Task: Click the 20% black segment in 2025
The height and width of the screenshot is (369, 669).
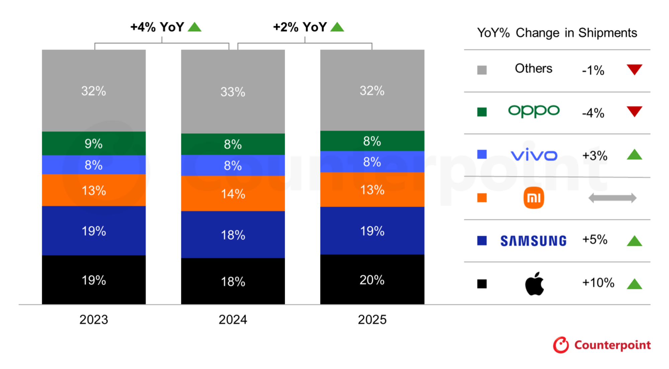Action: pos(372,280)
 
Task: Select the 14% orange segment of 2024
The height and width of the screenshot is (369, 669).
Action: pos(233,193)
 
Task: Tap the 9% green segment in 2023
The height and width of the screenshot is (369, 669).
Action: pos(94,143)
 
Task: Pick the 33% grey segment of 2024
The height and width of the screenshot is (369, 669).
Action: pos(233,91)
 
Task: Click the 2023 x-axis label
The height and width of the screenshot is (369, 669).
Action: pos(94,320)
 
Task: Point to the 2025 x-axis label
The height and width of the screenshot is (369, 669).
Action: pos(372,320)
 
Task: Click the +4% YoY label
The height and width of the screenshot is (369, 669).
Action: pos(157,27)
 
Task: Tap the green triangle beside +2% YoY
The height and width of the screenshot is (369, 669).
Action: pos(337,27)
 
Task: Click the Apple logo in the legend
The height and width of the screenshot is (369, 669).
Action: pos(534,284)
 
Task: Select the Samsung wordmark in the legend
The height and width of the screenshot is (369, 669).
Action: pos(534,241)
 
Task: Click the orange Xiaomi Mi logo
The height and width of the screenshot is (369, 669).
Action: pos(534,198)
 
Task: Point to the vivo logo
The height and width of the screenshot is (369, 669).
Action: pos(534,155)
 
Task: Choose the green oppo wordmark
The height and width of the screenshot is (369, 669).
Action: pos(534,111)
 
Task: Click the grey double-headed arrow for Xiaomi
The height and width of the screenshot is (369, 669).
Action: pos(612,198)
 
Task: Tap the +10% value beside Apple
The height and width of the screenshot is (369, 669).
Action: pos(598,283)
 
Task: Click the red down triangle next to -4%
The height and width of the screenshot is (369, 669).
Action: pos(634,111)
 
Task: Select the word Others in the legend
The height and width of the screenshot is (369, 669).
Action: pos(534,68)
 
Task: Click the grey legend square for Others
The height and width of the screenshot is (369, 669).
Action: pos(482,70)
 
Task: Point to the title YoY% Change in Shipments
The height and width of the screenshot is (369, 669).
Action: pos(557,33)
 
